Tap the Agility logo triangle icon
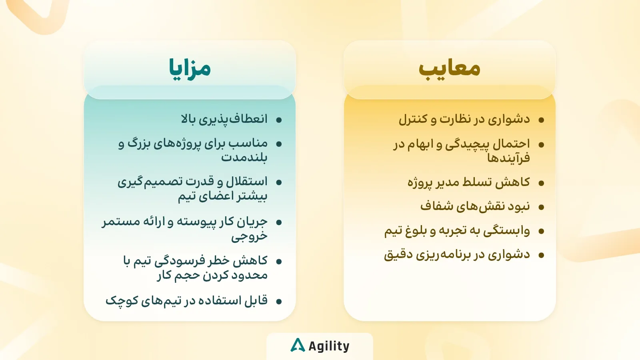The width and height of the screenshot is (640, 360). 298,345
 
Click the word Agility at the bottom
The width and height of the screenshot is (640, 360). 329,346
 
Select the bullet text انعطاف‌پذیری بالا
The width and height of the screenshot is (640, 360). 224,119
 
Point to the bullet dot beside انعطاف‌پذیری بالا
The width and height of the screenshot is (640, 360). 279,120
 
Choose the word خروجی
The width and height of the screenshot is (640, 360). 249,236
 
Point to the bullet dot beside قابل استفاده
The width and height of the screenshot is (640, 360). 279,301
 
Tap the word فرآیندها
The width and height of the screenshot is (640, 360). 508,158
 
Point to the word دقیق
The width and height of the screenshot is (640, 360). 396,255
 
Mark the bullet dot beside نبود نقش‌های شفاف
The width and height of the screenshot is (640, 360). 541,207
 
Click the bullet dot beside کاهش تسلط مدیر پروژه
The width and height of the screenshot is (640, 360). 541,183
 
